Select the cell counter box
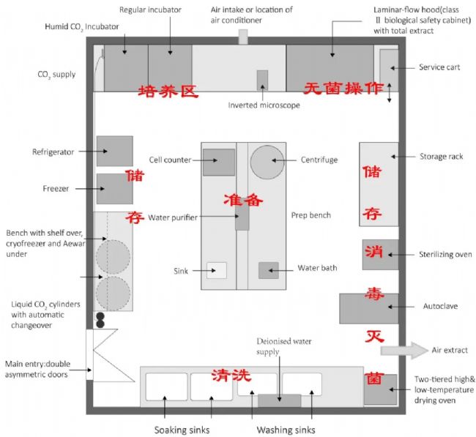click(x=219, y=162)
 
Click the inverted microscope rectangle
click(x=262, y=81)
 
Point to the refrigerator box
click(x=114, y=151)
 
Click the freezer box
click(x=114, y=188)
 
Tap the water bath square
click(x=268, y=269)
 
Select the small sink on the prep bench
click(x=216, y=270)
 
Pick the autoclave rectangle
click(x=369, y=307)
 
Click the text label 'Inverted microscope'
click(x=264, y=105)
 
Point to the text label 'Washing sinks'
click(x=285, y=429)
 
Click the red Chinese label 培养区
click(x=169, y=91)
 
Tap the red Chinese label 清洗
click(x=231, y=376)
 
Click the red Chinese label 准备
click(x=244, y=199)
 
